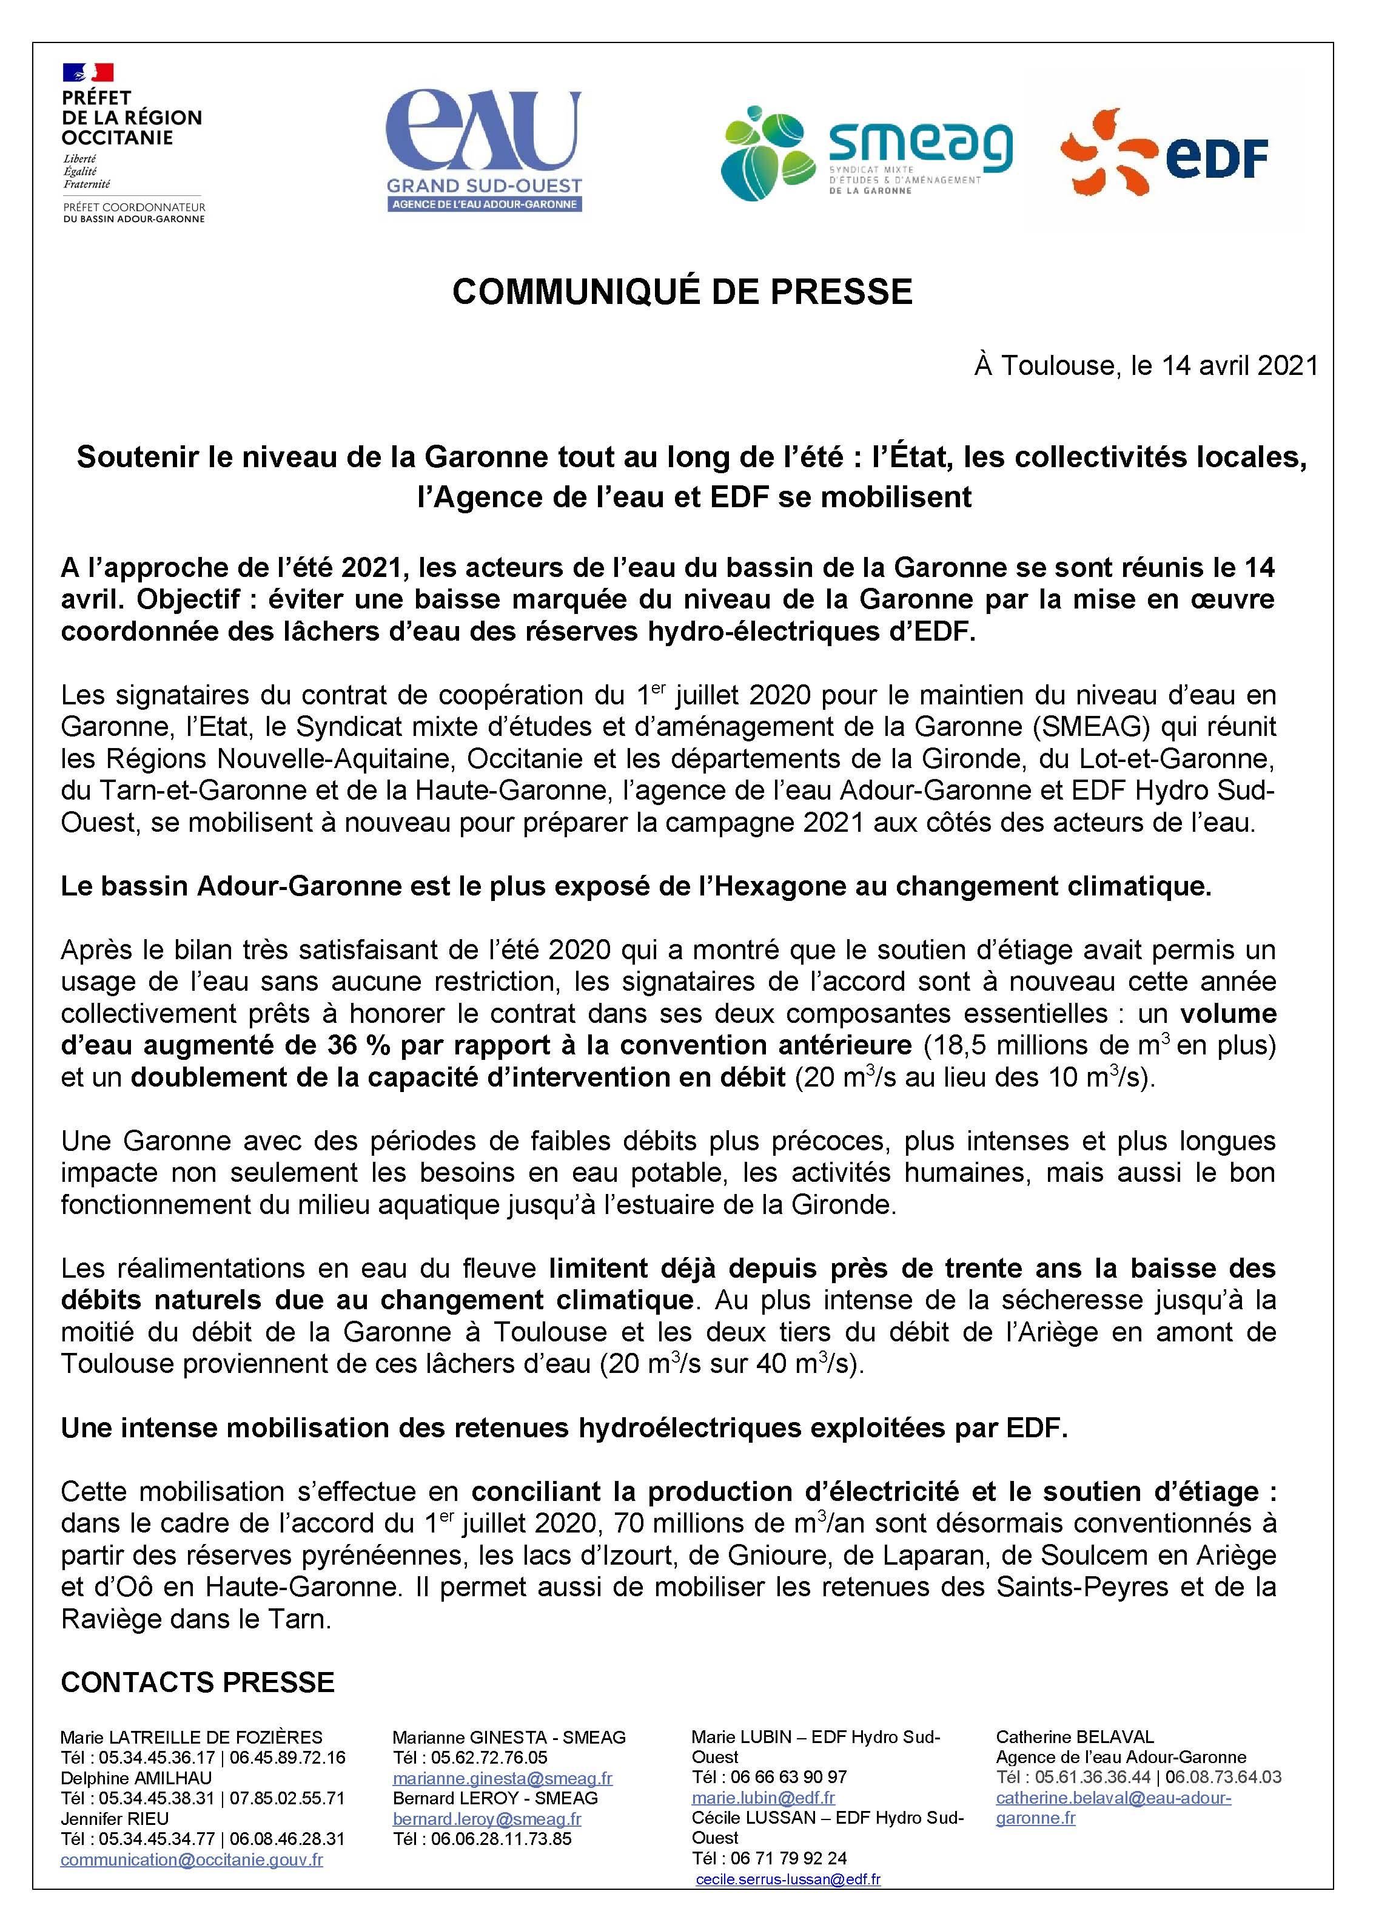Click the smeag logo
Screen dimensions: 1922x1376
pos(866,152)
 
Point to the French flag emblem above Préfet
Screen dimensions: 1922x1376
pos(87,73)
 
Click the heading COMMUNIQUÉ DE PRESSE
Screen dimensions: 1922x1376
pos(682,292)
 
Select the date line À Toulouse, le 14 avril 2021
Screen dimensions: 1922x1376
pos(1146,365)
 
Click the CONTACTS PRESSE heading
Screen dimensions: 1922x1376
pos(198,1682)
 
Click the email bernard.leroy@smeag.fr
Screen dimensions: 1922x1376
pos(486,1819)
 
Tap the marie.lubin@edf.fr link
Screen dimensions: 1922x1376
pos(762,1798)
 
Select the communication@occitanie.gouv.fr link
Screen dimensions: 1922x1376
pos(192,1860)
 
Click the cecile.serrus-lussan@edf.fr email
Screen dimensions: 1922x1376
pos(787,1880)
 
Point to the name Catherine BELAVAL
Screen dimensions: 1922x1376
pos(1075,1737)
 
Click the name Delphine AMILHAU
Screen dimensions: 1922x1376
pos(136,1778)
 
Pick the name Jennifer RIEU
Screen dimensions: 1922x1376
pos(115,1819)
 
